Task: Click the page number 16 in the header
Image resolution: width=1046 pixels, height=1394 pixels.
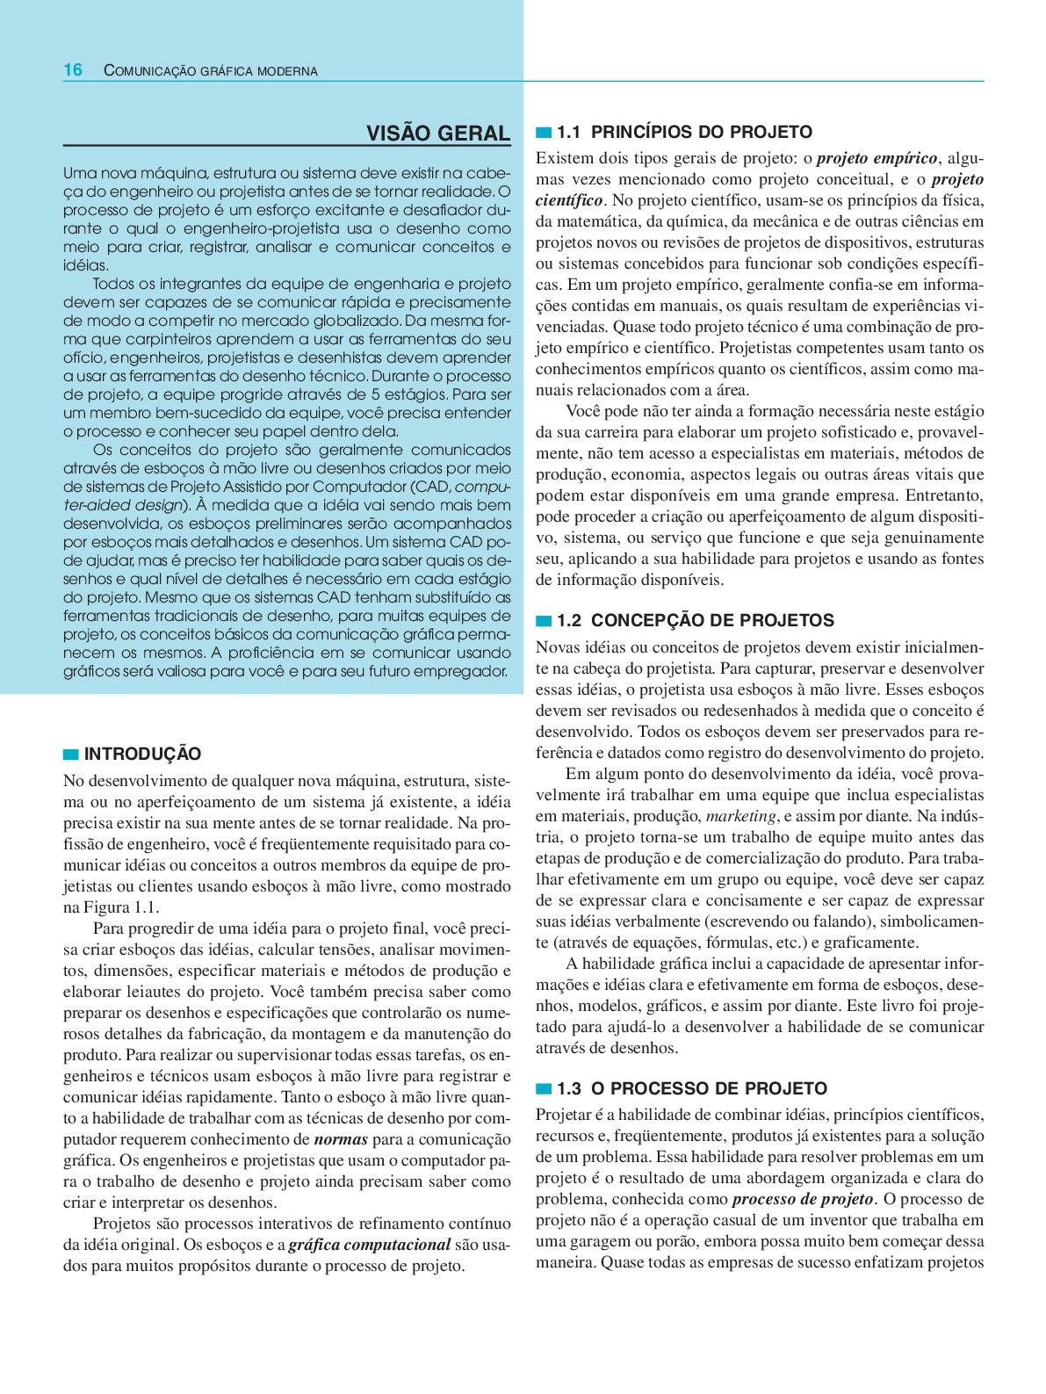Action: (73, 70)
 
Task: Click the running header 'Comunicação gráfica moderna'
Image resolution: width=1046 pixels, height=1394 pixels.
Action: (211, 71)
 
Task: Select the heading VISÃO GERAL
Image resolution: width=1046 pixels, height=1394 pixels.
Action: (437, 134)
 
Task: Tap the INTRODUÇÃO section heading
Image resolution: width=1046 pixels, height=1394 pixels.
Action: (142, 754)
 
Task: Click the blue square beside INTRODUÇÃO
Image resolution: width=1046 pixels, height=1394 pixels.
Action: (71, 755)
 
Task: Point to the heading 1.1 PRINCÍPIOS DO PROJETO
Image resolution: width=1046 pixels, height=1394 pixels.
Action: (684, 133)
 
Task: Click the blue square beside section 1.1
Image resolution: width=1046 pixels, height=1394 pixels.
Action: (544, 133)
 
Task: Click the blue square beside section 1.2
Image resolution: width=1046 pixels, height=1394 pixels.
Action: (544, 621)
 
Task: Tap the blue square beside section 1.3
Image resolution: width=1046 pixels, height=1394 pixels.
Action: (544, 1089)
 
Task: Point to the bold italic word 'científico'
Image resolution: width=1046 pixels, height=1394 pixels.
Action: (569, 200)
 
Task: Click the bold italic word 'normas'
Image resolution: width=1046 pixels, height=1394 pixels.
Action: (341, 1139)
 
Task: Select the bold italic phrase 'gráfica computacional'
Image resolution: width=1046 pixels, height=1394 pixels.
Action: (370, 1245)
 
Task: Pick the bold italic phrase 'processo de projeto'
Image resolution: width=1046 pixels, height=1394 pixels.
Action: (803, 1199)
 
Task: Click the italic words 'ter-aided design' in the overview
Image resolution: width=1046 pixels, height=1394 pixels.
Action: (123, 505)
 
